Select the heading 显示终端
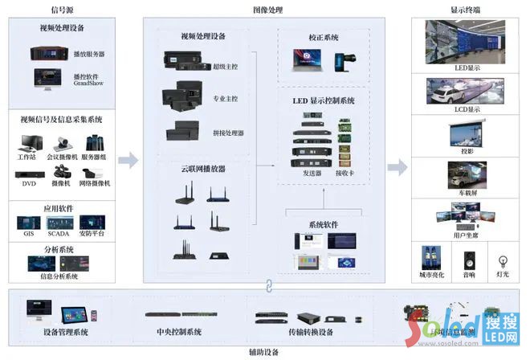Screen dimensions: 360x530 click(466, 9)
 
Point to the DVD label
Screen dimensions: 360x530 click(29, 184)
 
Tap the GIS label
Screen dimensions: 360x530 click(28, 233)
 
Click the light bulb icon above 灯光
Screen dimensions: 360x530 click(503, 260)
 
